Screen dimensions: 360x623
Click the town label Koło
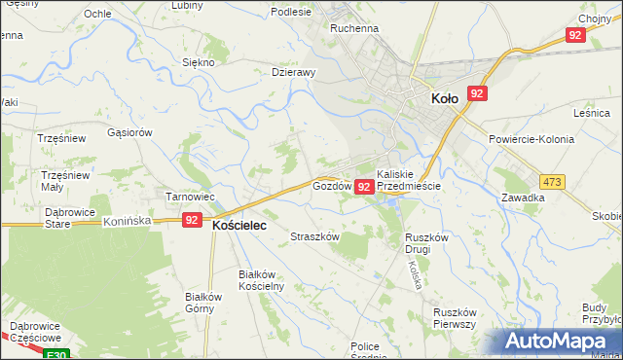(444, 97)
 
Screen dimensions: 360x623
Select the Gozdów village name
(331, 185)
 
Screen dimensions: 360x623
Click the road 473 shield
(553, 182)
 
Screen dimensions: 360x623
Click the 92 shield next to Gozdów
(364, 186)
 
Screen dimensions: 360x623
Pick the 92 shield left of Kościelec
(192, 221)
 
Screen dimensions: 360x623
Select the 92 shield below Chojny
(574, 35)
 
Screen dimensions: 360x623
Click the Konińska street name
(127, 222)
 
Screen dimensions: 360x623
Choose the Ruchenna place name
(354, 29)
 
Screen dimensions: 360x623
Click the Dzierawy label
(293, 71)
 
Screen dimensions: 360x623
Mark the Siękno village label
(199, 61)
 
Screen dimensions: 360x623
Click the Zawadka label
(523, 198)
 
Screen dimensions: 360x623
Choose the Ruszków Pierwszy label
(455, 318)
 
